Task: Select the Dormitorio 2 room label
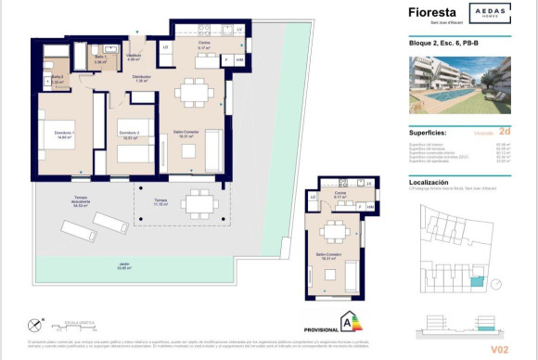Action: point(129,135)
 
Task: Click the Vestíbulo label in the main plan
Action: point(133,58)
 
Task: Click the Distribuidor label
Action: point(141,78)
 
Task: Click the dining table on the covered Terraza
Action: point(199,203)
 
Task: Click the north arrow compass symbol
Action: point(34,325)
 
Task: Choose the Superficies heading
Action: point(434,134)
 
